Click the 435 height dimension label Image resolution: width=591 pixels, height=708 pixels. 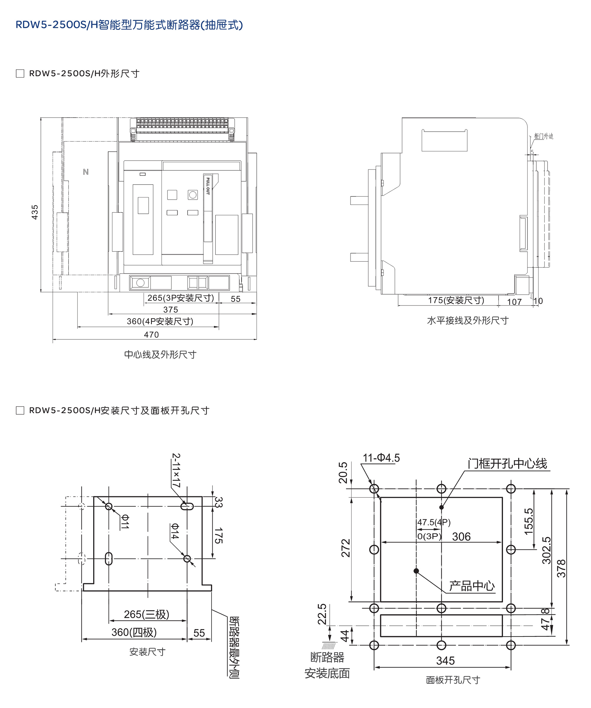coord(35,212)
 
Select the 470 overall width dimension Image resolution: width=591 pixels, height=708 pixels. coord(151,334)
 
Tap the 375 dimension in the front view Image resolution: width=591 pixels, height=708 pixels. coord(171,310)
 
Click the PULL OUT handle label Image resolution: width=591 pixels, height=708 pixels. coord(208,186)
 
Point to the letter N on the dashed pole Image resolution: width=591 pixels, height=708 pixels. coord(86,172)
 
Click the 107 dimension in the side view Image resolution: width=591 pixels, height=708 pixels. coord(514,302)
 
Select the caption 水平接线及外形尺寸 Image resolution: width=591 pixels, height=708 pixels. coord(468,320)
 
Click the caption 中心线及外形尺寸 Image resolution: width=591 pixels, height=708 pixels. coord(160,354)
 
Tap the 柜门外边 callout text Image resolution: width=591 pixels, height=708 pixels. coord(543,136)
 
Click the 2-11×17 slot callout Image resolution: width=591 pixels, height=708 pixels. coord(176,470)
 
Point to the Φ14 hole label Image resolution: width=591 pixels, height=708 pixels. coord(175,531)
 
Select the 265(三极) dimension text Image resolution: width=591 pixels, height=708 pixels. coord(147,614)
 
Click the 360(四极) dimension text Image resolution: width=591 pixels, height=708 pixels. coord(134,632)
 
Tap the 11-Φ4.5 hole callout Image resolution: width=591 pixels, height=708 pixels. coord(381,458)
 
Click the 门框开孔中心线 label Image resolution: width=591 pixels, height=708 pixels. coord(507,464)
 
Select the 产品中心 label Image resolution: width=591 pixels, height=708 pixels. coord(472,586)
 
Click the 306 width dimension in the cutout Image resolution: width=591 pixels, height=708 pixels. coord(461,536)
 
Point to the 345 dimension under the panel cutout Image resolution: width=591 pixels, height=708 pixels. coord(445,660)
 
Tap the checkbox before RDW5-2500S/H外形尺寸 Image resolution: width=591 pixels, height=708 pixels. coord(20,74)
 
